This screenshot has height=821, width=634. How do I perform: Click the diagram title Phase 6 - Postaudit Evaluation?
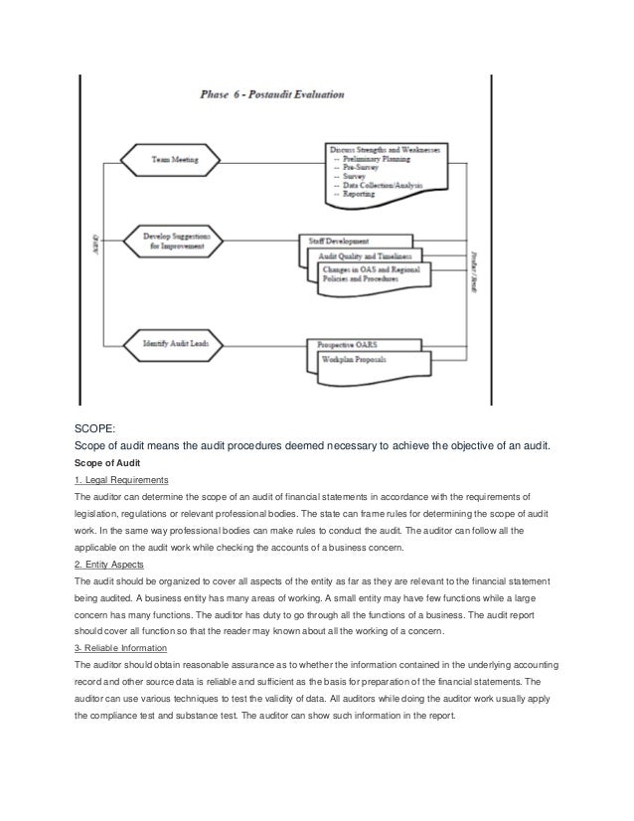tap(272, 95)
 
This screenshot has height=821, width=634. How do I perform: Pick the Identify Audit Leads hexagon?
tap(173, 344)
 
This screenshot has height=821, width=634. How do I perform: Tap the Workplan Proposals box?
tap(356, 359)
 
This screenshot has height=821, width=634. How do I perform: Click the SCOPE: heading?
tap(96, 429)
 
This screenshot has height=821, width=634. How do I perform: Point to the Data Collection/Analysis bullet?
tap(387, 185)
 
